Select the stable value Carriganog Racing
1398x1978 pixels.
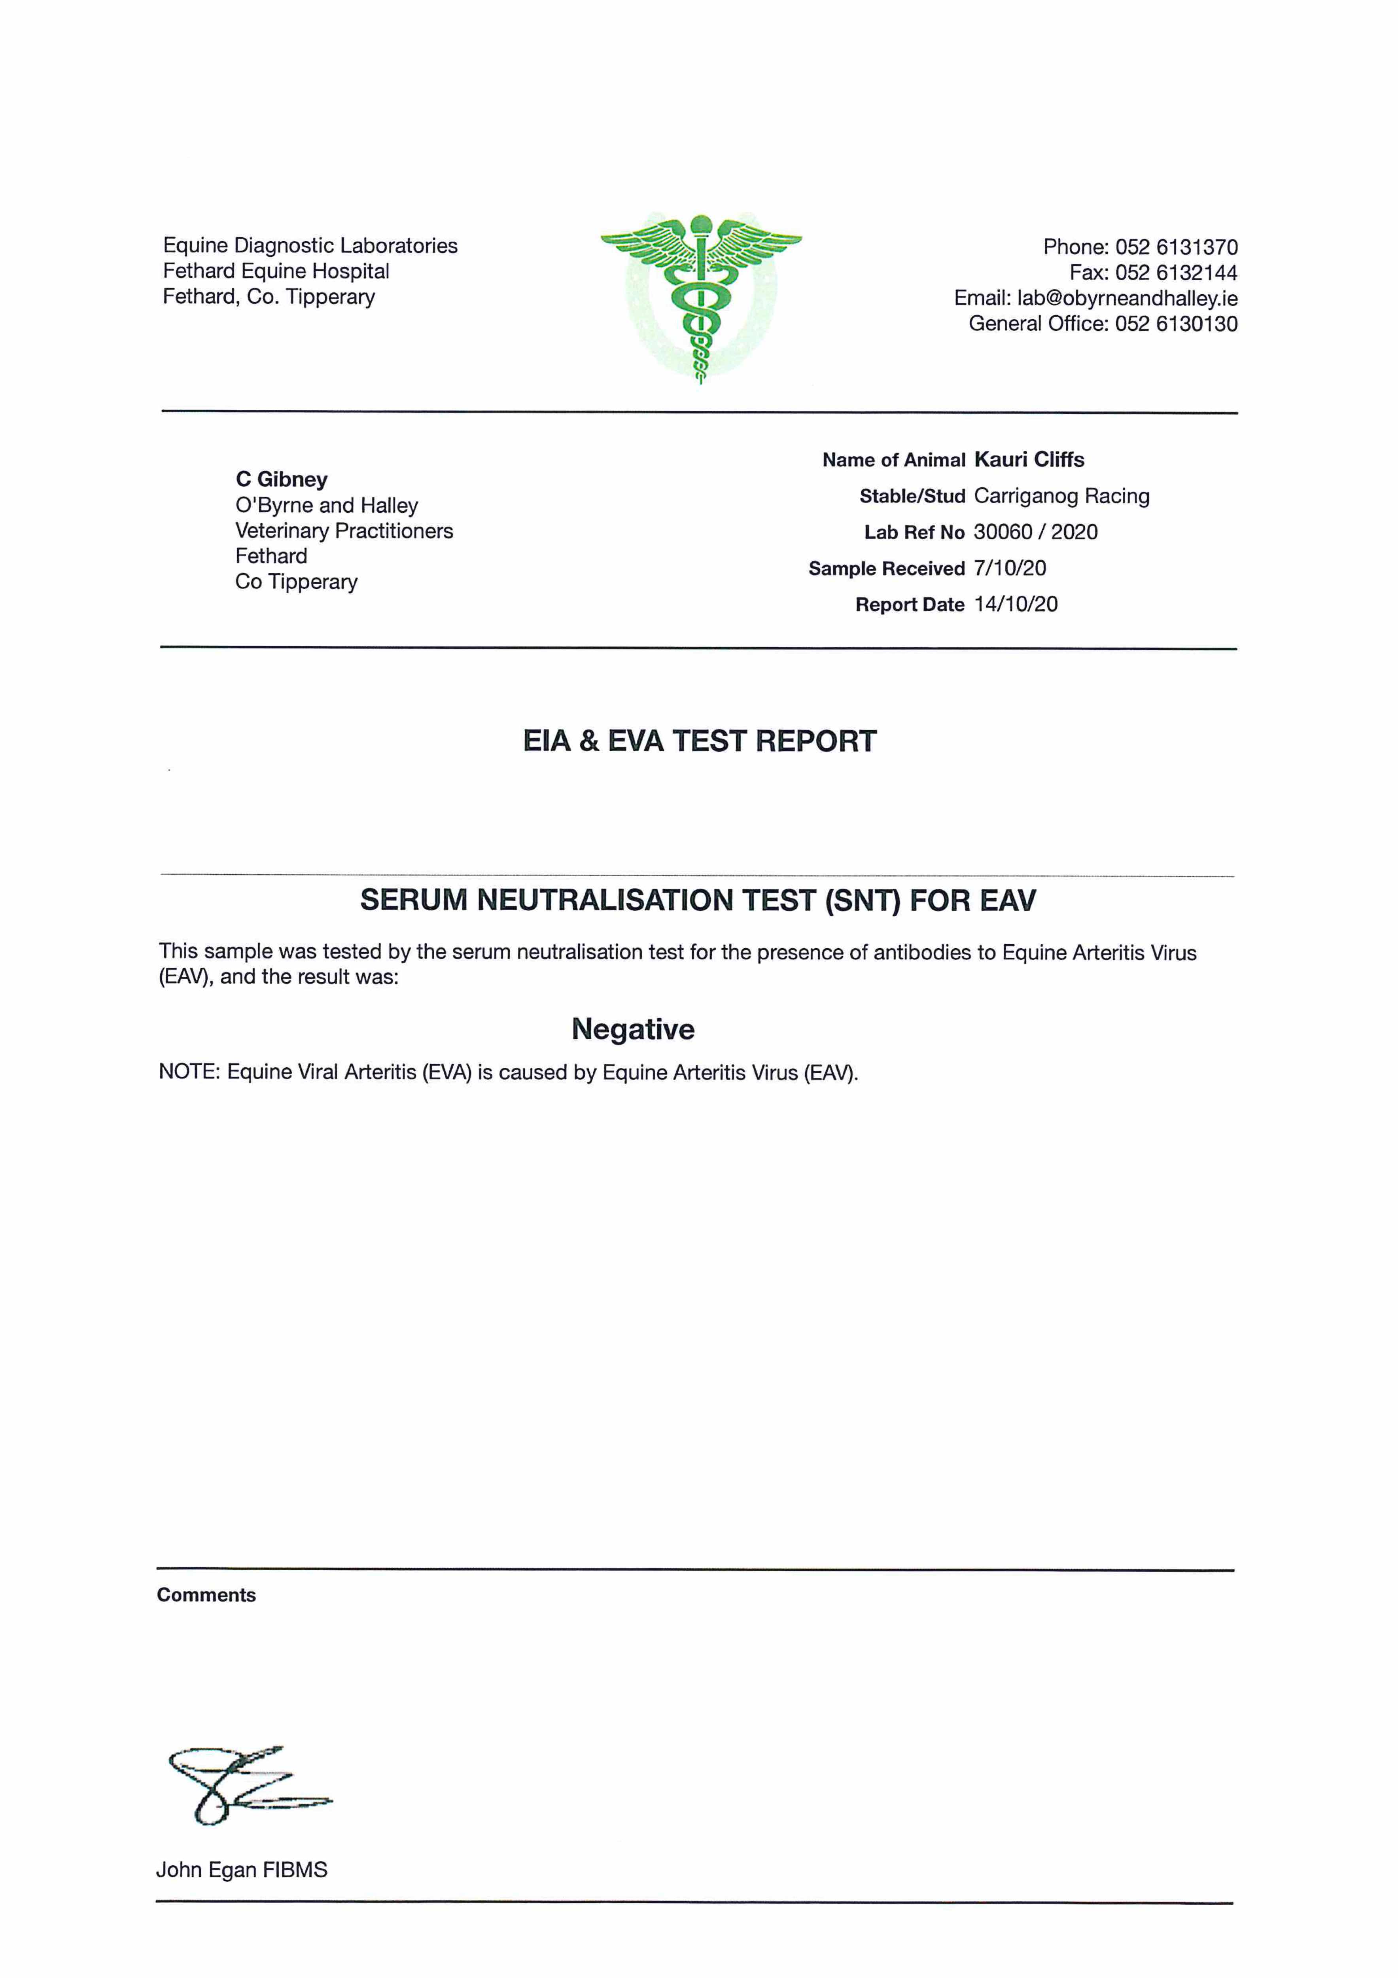(x=1061, y=496)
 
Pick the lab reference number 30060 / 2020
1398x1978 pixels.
(x=1035, y=532)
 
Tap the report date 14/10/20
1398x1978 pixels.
(x=1016, y=605)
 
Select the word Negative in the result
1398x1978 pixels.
(x=633, y=1029)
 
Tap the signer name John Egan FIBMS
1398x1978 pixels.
(x=242, y=1870)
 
